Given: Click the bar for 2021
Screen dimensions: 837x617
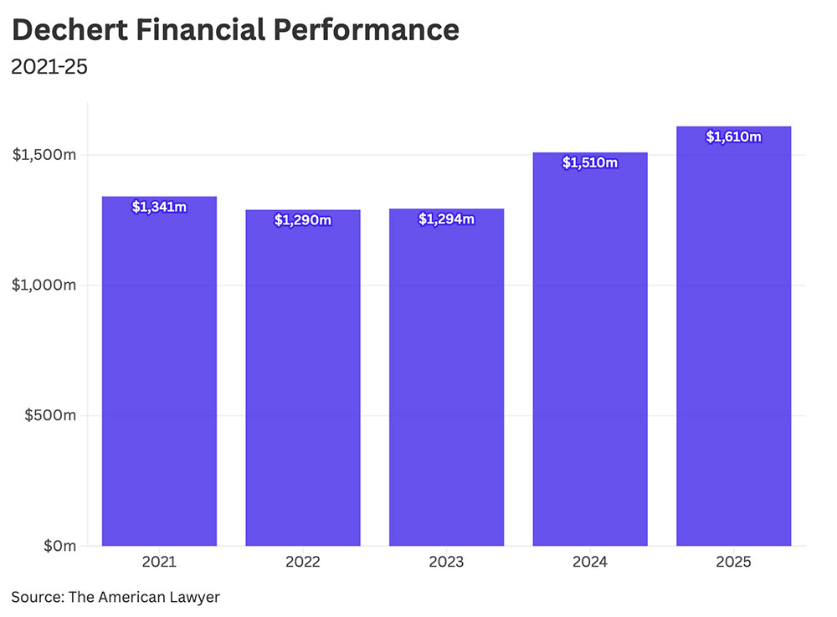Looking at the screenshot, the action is click(x=159, y=371).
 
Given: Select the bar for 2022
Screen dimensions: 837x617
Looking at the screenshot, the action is click(x=303, y=378).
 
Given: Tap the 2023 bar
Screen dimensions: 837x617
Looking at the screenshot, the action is click(x=446, y=378).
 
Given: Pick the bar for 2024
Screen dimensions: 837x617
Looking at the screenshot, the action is click(x=590, y=349).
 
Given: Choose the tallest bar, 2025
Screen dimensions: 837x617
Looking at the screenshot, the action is click(x=733, y=337).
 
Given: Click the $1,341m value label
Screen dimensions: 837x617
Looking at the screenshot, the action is click(x=159, y=207).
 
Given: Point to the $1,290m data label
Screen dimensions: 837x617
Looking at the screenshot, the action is click(x=303, y=220).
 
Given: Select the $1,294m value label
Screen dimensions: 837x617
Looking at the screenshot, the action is click(x=446, y=219).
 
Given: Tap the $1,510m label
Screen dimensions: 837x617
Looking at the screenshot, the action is click(x=590, y=162).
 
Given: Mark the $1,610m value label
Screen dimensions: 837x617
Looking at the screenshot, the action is click(x=733, y=136).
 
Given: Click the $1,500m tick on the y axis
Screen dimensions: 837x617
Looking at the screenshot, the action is click(x=44, y=155).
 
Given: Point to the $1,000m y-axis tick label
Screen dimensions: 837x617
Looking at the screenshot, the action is click(x=44, y=285).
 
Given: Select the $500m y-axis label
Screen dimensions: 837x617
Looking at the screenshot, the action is click(x=50, y=415).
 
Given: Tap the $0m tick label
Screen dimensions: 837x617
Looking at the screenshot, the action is click(x=59, y=546).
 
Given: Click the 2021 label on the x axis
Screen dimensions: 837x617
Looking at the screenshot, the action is click(x=159, y=562).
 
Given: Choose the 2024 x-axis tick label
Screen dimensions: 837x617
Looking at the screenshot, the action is click(x=590, y=562).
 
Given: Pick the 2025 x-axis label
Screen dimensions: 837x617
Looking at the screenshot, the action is click(x=733, y=562).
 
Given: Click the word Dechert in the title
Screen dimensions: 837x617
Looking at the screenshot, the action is click(x=69, y=29).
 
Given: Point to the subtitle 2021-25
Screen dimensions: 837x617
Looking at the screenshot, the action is click(x=49, y=67).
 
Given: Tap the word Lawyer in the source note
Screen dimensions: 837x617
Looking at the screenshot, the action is click(x=195, y=597).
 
